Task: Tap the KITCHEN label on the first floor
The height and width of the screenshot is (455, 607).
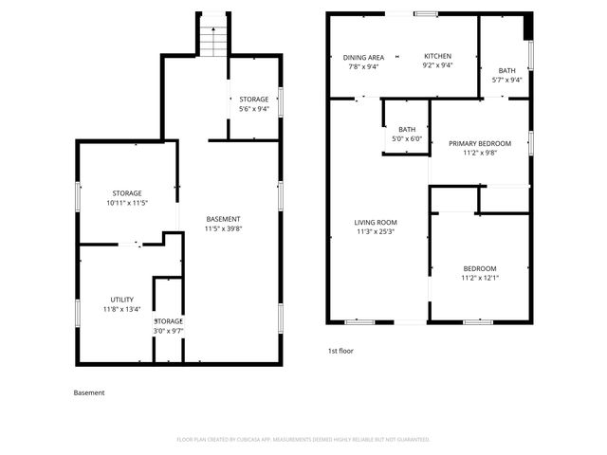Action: point(437,57)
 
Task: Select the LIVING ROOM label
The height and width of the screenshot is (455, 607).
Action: point(376,223)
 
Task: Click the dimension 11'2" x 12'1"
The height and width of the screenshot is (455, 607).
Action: point(480,278)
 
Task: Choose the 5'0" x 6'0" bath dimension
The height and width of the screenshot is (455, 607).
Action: point(407,138)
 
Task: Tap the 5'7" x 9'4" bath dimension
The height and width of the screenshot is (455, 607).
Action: point(507,80)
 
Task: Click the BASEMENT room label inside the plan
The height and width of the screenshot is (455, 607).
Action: point(224,219)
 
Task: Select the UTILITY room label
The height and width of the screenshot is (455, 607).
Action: point(122,300)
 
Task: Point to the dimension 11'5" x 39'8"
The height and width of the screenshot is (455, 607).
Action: point(224,228)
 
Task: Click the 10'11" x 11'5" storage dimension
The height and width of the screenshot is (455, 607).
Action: point(127,203)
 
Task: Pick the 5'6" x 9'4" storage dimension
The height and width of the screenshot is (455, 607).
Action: point(253,109)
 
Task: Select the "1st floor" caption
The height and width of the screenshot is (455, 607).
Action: point(340,351)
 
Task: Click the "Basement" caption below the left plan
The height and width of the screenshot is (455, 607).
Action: point(89,392)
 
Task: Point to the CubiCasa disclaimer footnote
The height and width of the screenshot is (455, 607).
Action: point(303,439)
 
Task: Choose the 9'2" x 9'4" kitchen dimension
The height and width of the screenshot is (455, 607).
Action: point(437,66)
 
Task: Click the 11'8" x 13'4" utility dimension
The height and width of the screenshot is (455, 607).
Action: point(122,309)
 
